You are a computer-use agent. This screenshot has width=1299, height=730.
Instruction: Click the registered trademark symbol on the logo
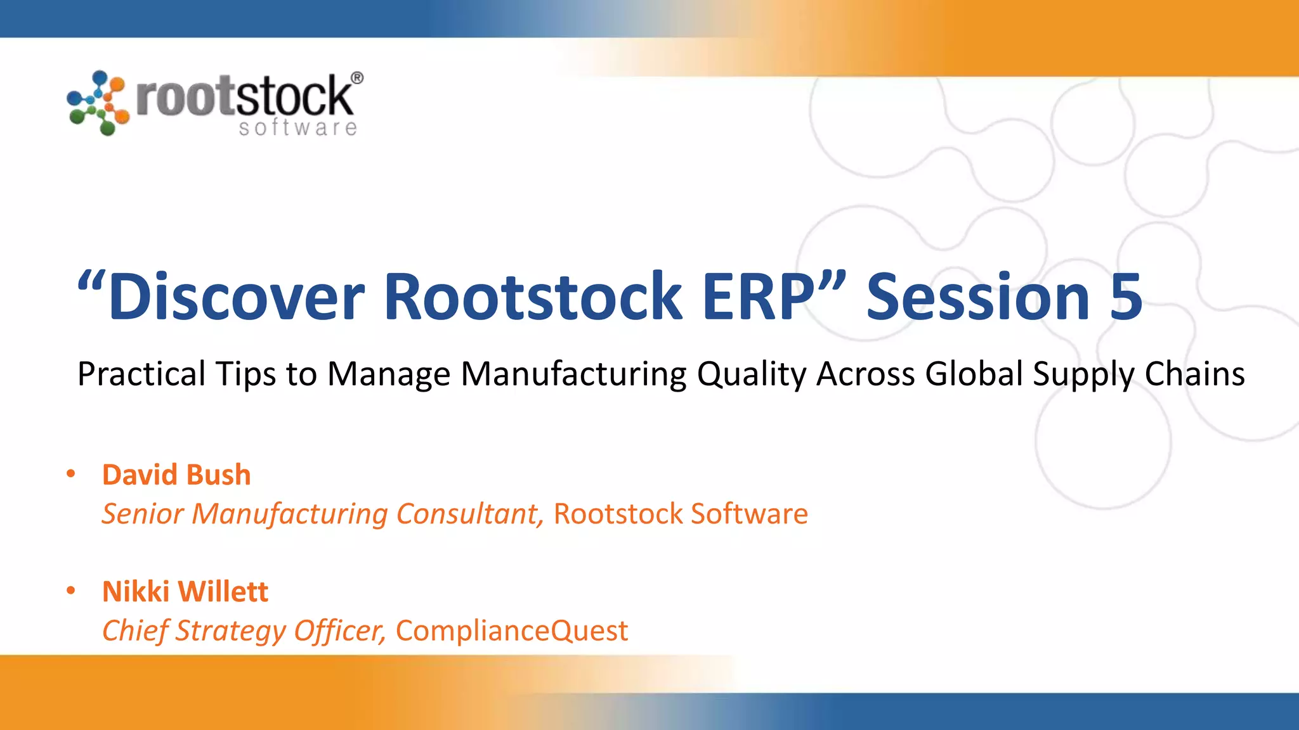click(357, 78)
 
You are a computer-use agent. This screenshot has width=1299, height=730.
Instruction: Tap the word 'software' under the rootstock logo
click(297, 127)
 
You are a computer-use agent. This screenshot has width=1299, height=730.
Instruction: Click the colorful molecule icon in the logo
click(98, 103)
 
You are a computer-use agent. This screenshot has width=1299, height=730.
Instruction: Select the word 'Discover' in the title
click(236, 297)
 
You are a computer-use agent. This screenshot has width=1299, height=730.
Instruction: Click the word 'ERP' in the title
click(759, 297)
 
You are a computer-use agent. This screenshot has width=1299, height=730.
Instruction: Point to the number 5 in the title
click(1126, 297)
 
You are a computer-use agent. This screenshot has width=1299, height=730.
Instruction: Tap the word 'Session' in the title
click(977, 297)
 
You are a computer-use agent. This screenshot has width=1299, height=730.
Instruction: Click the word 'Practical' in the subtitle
click(141, 374)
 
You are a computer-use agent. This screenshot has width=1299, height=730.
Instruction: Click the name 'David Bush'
click(176, 475)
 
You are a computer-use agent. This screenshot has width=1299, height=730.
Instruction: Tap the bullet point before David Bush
click(71, 473)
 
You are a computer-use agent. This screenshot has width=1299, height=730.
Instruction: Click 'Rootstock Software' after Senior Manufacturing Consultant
click(681, 514)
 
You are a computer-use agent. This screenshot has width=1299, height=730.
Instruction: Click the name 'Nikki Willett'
click(185, 591)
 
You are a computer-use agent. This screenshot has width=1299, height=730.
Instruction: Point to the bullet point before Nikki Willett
click(71, 591)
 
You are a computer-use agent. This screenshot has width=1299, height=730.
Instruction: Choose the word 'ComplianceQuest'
click(511, 631)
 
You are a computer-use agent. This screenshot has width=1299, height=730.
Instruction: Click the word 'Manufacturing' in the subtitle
click(573, 374)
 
